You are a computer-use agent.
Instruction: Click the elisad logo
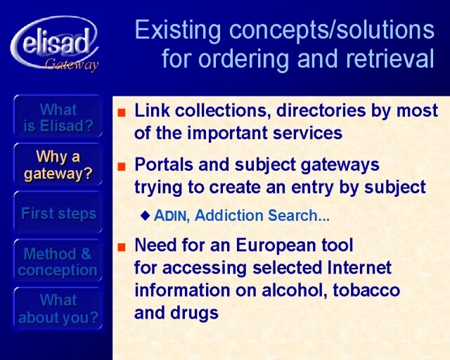[55, 43]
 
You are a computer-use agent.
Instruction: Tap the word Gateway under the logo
[72, 64]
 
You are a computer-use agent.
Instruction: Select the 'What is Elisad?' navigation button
[58, 117]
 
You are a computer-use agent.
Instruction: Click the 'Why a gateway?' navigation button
[58, 165]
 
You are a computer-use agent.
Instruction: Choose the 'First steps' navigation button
[58, 213]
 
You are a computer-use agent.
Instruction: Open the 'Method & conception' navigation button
[58, 262]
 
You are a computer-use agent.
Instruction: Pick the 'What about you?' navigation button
[58, 309]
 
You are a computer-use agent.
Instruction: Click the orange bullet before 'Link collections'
[122, 112]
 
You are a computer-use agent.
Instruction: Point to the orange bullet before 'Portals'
[122, 166]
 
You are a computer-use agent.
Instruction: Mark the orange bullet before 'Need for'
[122, 247]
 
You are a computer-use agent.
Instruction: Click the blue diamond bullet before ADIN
[146, 215]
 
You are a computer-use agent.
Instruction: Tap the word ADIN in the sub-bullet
[170, 215]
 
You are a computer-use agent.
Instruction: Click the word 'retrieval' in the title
[390, 58]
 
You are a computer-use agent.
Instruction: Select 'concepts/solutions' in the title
[332, 30]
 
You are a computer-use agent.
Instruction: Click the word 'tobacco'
[366, 290]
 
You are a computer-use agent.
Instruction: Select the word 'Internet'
[359, 268]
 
